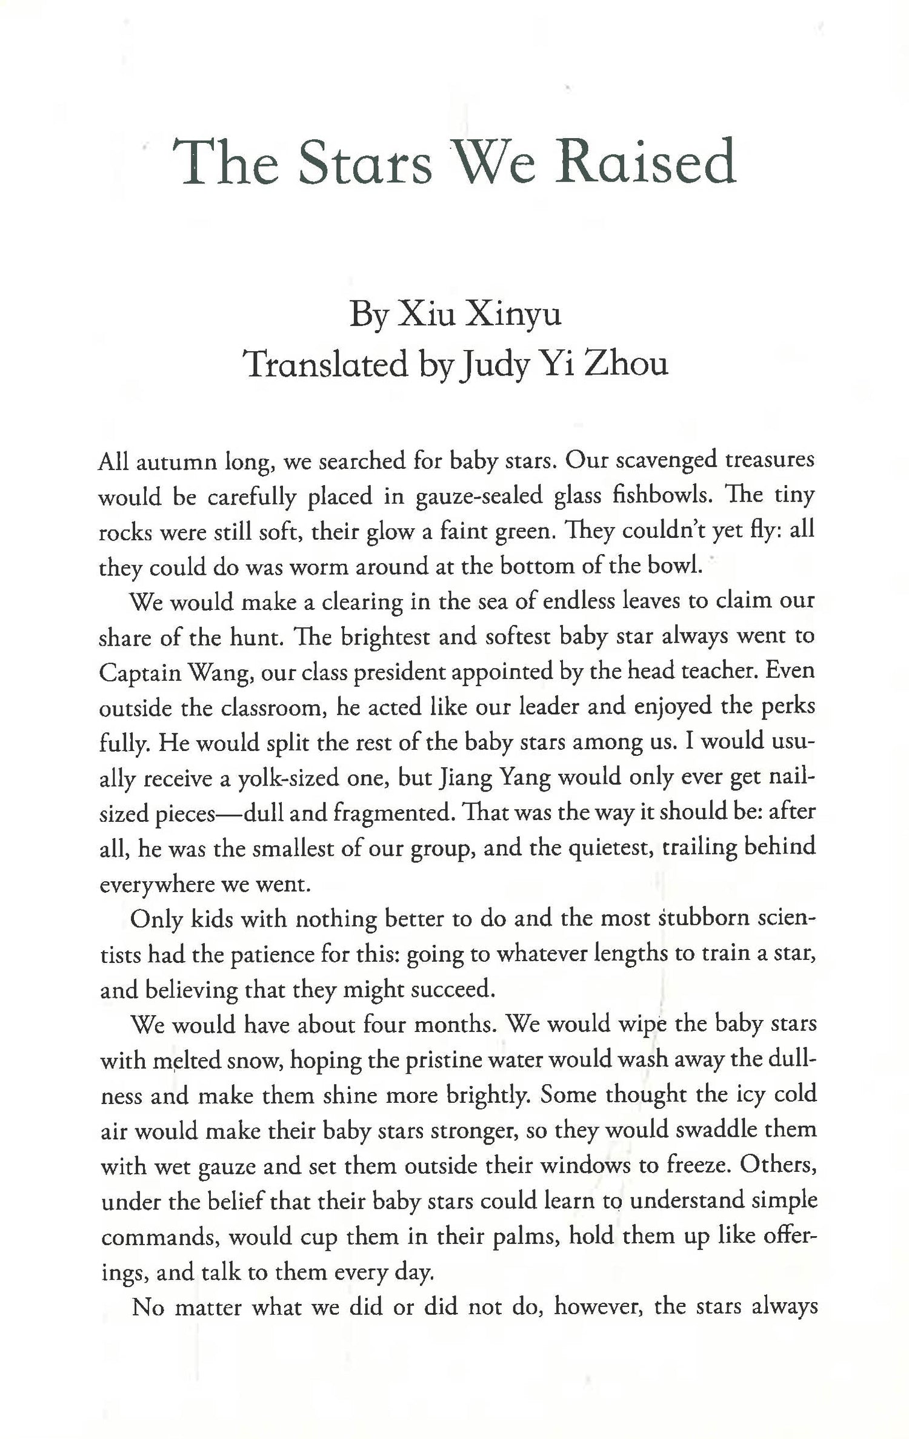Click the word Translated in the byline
[x=325, y=364]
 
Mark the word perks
[x=787, y=707]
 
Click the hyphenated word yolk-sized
[x=283, y=778]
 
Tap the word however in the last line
[x=596, y=1307]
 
